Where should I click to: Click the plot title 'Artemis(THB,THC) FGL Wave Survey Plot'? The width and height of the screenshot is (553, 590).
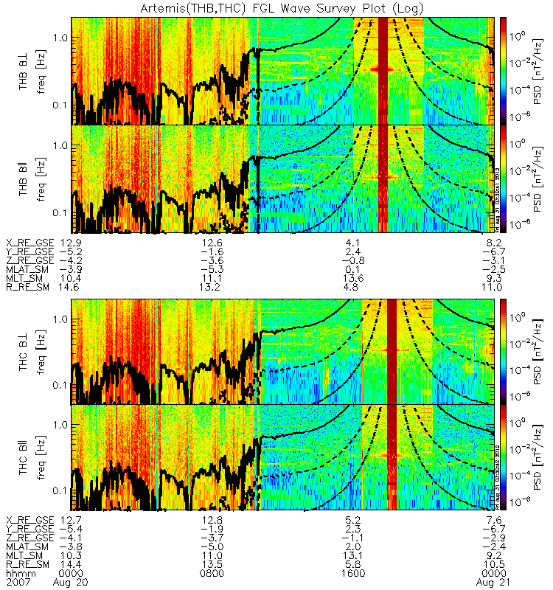(x=276, y=7)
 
